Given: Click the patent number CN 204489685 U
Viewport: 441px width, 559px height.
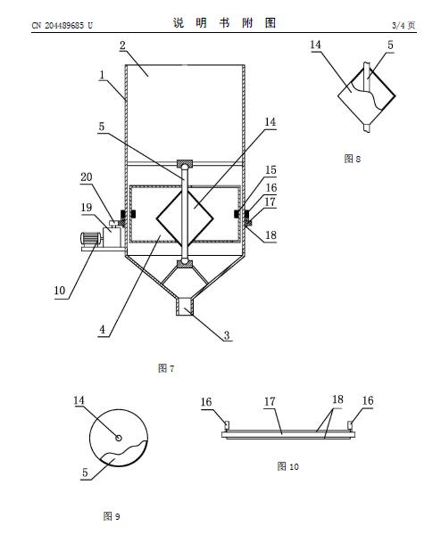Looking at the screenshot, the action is click(x=62, y=25).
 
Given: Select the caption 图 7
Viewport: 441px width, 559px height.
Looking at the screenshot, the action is click(x=166, y=368).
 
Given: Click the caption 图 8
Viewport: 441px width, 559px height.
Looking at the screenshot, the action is click(x=353, y=159).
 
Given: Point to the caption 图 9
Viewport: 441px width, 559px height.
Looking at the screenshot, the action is click(x=112, y=516).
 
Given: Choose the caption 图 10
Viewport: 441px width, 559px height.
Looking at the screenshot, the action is click(x=287, y=466).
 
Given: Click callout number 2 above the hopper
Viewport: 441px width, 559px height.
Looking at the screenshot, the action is click(x=122, y=45).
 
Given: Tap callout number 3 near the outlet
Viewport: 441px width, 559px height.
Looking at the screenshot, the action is click(x=227, y=335).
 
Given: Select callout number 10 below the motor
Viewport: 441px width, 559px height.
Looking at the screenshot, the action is click(x=60, y=291).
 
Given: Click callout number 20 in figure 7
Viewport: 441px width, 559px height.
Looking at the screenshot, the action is click(x=86, y=177).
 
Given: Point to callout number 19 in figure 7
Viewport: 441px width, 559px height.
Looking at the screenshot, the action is click(x=86, y=208).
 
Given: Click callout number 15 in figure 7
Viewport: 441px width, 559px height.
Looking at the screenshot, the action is click(x=270, y=169).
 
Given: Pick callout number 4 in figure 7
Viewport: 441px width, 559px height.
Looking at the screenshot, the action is click(x=102, y=329).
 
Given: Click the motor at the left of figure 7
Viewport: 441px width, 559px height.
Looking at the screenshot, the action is click(x=90, y=239).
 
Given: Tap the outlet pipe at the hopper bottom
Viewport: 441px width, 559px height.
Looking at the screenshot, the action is click(x=185, y=308).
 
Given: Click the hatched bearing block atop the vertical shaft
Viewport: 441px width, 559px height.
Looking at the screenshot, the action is click(x=185, y=164).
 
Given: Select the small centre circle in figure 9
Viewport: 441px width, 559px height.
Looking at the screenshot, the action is click(x=119, y=438).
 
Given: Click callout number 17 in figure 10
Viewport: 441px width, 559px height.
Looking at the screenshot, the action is click(x=270, y=401).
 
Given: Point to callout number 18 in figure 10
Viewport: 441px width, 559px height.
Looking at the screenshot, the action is click(x=337, y=399).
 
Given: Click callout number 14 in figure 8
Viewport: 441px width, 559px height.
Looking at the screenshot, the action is click(x=315, y=45).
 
